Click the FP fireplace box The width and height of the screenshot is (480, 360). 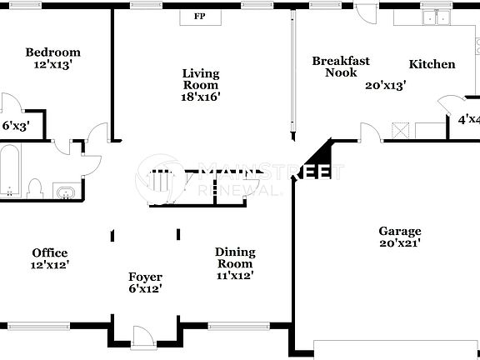tap(199, 17)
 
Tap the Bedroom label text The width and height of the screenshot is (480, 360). tap(52, 52)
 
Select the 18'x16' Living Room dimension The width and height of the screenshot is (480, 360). tap(201, 97)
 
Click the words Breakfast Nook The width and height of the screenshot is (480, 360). tap(340, 67)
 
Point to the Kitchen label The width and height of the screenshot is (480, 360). tap(432, 64)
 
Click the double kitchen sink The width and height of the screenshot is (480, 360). tap(434, 18)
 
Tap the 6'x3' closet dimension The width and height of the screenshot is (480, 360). tap(16, 127)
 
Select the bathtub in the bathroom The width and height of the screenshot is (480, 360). tap(11, 172)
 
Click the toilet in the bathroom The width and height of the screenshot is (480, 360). tap(36, 186)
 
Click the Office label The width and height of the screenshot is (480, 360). tap(50, 252)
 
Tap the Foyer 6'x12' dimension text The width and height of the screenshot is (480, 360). tap(144, 289)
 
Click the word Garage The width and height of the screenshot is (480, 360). tap(399, 231)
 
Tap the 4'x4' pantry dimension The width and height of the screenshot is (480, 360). tap(468, 119)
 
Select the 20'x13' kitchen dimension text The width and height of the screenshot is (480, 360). tap(386, 84)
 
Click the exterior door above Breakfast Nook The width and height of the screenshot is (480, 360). tap(364, 10)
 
